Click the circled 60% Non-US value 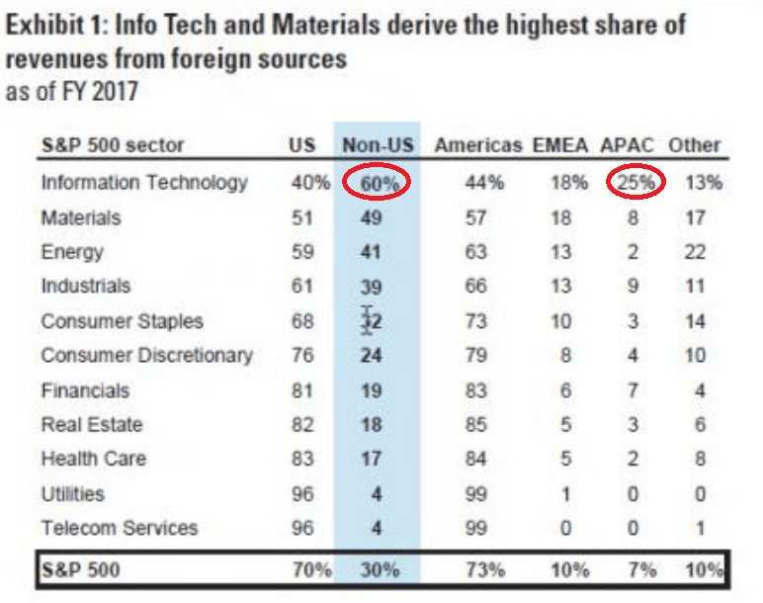pos(378,183)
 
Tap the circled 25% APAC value pos(630,183)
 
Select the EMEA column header pos(561,145)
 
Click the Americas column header pos(478,145)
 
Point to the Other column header pos(695,145)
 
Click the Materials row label pos(81,217)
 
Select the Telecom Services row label pos(120,528)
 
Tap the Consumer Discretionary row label pos(147,355)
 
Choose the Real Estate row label pos(92,425)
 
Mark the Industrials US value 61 pos(303,287)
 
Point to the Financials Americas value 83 pos(476,390)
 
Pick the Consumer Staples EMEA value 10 pos(561,321)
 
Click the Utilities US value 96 pos(303,493)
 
